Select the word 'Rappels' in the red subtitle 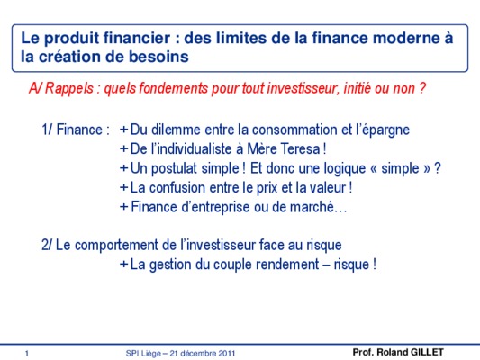[x=69, y=89]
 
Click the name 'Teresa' [x=300, y=149]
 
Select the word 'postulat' [x=174, y=169]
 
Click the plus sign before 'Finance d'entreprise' [x=123, y=207]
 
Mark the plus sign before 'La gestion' [x=123, y=265]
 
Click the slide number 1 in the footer [x=27, y=354]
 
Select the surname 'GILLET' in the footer [x=427, y=353]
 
